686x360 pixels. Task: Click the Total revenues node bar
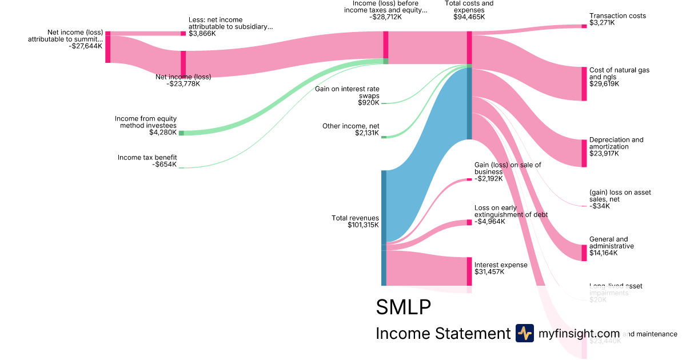pyautogui.click(x=384, y=227)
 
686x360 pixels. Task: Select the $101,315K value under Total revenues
pyautogui.click(x=363, y=225)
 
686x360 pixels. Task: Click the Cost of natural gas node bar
pyautogui.click(x=584, y=84)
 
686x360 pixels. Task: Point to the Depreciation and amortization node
pyautogui.click(x=584, y=153)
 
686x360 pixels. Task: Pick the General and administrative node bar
pyautogui.click(x=584, y=253)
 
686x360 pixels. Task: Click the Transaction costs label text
pyautogui.click(x=617, y=16)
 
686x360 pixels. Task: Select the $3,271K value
pyautogui.click(x=603, y=23)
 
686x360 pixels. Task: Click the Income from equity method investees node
pyautogui.click(x=181, y=133)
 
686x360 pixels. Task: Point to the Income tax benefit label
pyautogui.click(x=147, y=157)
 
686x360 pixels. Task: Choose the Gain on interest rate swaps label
pyautogui.click(x=347, y=93)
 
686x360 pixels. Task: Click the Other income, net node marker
pyautogui.click(x=384, y=137)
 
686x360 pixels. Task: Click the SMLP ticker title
pyautogui.click(x=403, y=307)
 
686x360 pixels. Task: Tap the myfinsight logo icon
pyautogui.click(x=524, y=333)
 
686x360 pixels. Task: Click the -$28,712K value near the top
pyautogui.click(x=385, y=17)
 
